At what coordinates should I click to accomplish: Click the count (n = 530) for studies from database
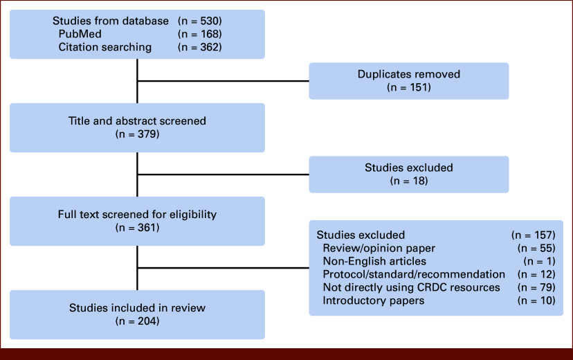click(x=200, y=21)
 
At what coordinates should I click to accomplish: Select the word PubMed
click(x=80, y=34)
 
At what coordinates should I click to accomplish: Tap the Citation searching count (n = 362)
click(x=200, y=47)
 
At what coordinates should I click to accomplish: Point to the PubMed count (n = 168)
click(x=200, y=34)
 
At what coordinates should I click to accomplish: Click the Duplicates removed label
click(x=409, y=74)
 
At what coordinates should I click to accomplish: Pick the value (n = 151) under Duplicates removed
click(x=409, y=87)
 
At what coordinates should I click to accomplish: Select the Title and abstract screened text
click(x=137, y=121)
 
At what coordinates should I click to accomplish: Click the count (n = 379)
click(x=138, y=134)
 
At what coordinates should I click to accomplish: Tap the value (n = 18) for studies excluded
click(x=409, y=181)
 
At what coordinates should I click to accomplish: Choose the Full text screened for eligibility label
click(x=137, y=215)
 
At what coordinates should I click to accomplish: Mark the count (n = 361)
click(x=138, y=228)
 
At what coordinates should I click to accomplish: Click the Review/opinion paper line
click(x=379, y=248)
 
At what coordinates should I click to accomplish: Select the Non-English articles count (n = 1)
click(x=539, y=261)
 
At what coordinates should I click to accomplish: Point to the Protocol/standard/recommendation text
click(x=414, y=274)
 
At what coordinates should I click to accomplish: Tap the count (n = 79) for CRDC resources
click(x=536, y=287)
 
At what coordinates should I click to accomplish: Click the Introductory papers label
click(x=374, y=300)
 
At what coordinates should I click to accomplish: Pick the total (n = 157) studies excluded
click(x=533, y=235)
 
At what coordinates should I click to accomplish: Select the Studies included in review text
click(x=137, y=308)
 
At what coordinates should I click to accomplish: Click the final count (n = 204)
click(x=138, y=321)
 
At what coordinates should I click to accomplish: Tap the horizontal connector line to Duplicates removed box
click(x=224, y=81)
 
